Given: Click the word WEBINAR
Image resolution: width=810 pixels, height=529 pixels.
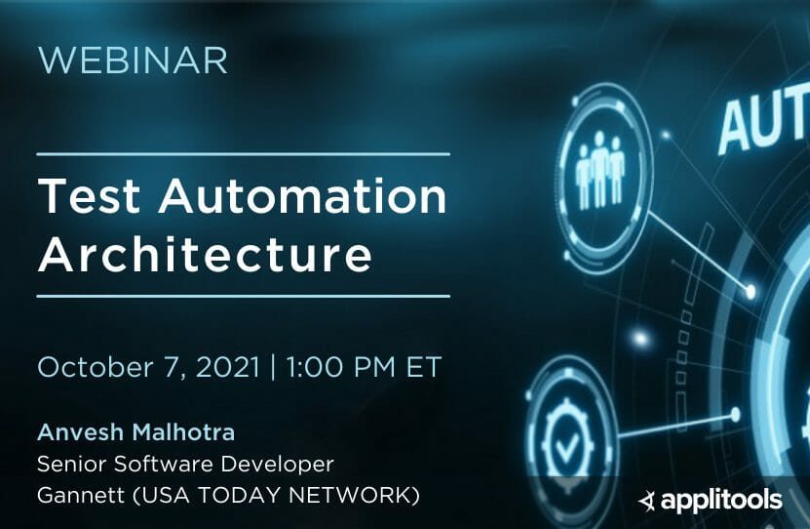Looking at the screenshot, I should click(133, 61).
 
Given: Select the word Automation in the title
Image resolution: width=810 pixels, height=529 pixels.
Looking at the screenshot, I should click(302, 198).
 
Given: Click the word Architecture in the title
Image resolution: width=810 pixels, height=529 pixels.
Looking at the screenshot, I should click(205, 255).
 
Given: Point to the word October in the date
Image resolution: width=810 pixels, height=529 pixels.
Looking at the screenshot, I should click(96, 368).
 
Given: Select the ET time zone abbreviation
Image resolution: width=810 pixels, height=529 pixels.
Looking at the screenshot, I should click(421, 368).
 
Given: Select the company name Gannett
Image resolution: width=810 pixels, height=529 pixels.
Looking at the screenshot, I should click(76, 495).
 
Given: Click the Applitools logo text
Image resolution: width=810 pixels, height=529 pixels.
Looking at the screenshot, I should click(721, 501).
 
